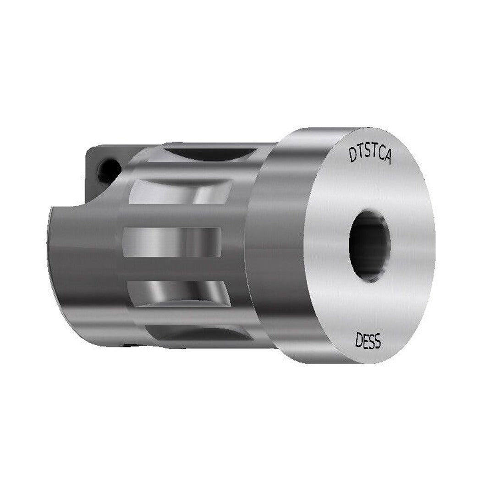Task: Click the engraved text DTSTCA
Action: point(370,153)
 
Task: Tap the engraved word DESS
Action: point(368,341)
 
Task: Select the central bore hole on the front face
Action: point(369,246)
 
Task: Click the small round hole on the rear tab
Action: point(109,170)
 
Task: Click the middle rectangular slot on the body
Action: point(172,242)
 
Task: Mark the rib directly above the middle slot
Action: point(179,215)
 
